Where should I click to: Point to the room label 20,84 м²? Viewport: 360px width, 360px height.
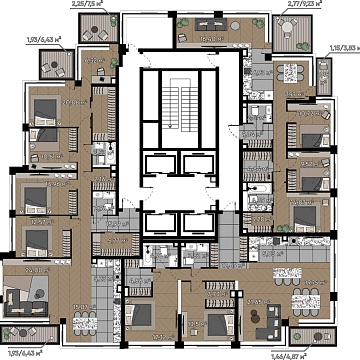point(45,100)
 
